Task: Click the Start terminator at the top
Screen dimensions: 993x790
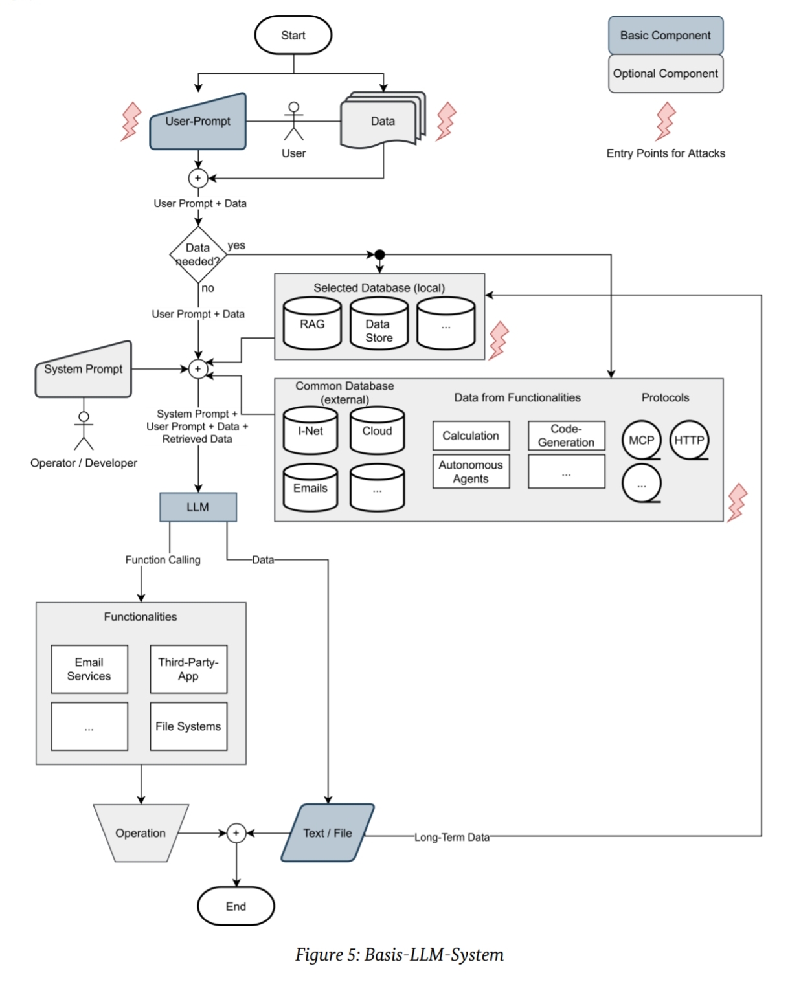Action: coord(293,36)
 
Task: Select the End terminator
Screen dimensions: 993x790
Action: coord(236,906)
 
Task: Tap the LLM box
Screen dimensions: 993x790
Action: coord(198,507)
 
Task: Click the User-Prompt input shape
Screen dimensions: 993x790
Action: coord(198,123)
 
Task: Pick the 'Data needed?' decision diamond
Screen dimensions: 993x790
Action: coord(198,254)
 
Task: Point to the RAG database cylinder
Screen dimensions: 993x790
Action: coord(312,324)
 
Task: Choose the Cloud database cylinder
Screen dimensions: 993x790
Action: coord(377,431)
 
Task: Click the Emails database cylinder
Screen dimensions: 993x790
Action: coord(310,488)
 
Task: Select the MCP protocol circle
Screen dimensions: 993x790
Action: coord(641,440)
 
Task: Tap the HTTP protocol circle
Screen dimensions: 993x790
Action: coord(689,440)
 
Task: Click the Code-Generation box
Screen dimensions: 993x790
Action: coord(566,436)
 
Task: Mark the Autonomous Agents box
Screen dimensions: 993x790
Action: coord(471,471)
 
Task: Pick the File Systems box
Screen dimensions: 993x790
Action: coord(188,726)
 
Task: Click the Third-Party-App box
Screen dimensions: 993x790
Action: coord(188,669)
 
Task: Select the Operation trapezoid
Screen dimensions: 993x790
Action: coord(141,833)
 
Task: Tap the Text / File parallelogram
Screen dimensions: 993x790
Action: coord(328,833)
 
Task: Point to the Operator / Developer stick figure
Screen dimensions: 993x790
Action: coord(84,430)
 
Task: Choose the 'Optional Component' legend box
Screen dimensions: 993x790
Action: coord(666,74)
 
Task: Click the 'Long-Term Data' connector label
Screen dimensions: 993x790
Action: coord(452,837)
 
